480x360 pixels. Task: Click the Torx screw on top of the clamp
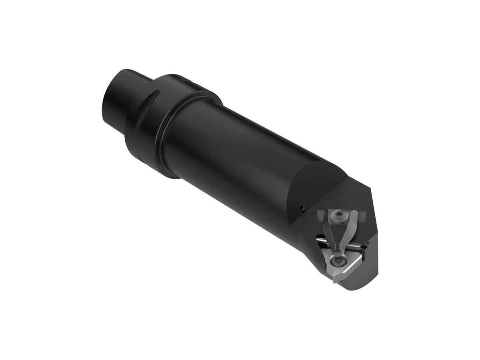(339, 214)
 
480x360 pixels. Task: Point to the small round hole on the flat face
(302, 208)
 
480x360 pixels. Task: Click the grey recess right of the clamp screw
(362, 216)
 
